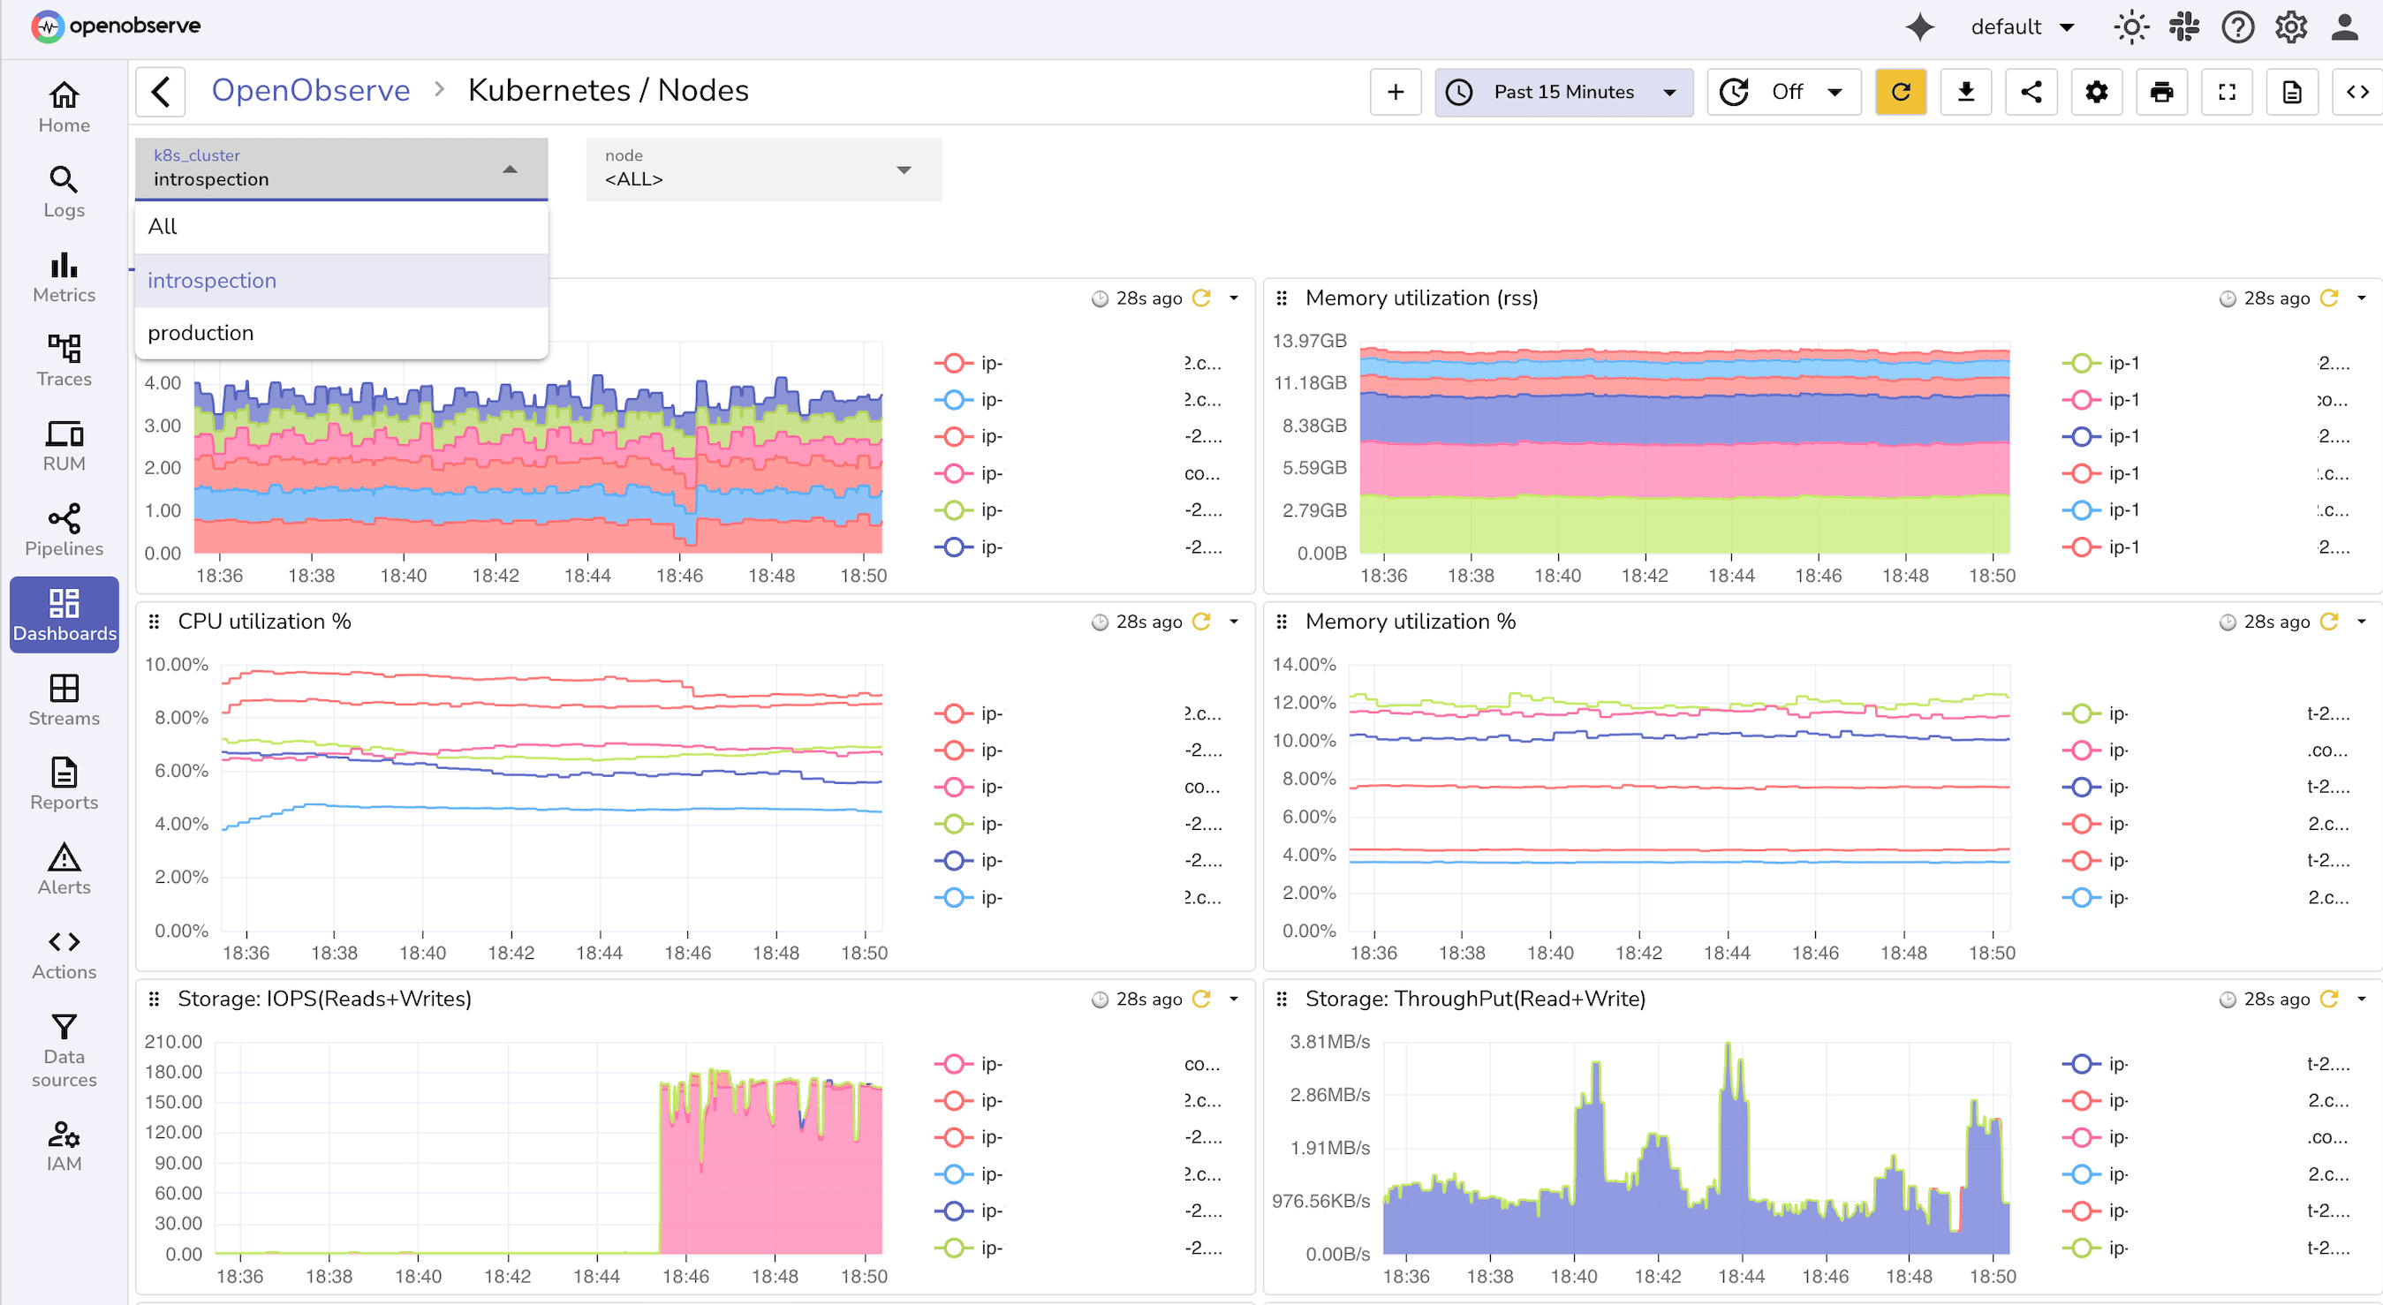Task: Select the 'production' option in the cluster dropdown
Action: [x=200, y=333]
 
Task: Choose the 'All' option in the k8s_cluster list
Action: [x=163, y=227]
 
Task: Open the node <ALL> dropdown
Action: [x=763, y=170]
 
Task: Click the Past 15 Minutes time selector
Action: [x=1562, y=92]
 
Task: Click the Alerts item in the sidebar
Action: [x=64, y=870]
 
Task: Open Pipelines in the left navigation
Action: [x=64, y=531]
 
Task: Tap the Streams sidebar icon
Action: [x=64, y=700]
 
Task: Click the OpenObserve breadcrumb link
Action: [x=310, y=91]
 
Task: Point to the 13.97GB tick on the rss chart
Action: [x=1309, y=340]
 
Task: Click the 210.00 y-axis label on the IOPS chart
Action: [x=173, y=1041]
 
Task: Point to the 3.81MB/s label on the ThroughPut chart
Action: [x=1329, y=1041]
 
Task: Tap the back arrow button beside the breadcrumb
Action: [x=161, y=92]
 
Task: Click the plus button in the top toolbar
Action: [x=1395, y=92]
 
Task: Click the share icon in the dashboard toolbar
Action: [x=2031, y=92]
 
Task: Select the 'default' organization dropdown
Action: [x=2021, y=26]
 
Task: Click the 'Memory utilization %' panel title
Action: [x=1410, y=622]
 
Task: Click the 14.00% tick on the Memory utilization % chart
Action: [x=1304, y=664]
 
